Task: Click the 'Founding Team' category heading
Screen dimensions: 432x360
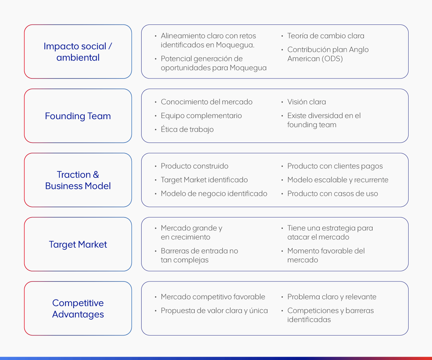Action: point(78,116)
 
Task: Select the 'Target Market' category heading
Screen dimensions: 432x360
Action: point(78,244)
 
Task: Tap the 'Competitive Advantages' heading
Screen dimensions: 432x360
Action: point(78,309)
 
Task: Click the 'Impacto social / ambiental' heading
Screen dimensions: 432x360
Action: point(78,52)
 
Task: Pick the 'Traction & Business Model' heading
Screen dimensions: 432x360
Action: point(78,180)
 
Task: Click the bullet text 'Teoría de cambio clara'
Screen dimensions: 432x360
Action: point(326,36)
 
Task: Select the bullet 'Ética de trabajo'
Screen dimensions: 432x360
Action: point(187,129)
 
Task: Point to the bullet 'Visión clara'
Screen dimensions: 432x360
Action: point(306,102)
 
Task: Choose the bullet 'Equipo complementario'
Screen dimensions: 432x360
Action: point(201,116)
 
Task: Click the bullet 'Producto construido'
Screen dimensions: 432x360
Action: point(194,166)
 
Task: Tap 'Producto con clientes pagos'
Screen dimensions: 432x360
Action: point(335,166)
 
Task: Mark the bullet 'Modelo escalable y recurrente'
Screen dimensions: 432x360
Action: point(338,180)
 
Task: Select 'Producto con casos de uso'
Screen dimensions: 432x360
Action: point(333,194)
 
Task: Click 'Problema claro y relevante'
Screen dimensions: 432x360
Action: point(332,297)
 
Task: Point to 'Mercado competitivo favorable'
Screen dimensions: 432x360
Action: point(213,297)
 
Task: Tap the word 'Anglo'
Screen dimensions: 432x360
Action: point(359,50)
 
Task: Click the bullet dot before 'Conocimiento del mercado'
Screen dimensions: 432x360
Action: point(156,102)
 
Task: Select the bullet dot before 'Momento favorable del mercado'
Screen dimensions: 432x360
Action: point(282,251)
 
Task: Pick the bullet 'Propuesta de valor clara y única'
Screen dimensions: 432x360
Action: point(214,311)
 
